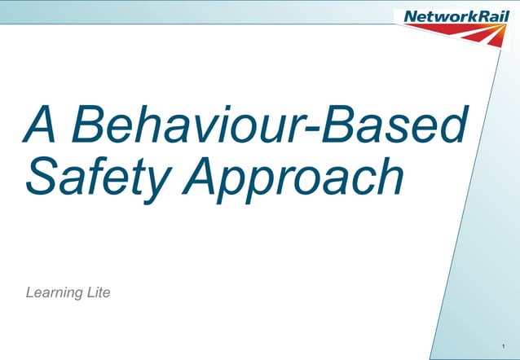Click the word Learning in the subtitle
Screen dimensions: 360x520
pyautogui.click(x=54, y=292)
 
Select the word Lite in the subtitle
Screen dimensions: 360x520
pyautogui.click(x=97, y=292)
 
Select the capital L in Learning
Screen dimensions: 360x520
pyautogui.click(x=31, y=292)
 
